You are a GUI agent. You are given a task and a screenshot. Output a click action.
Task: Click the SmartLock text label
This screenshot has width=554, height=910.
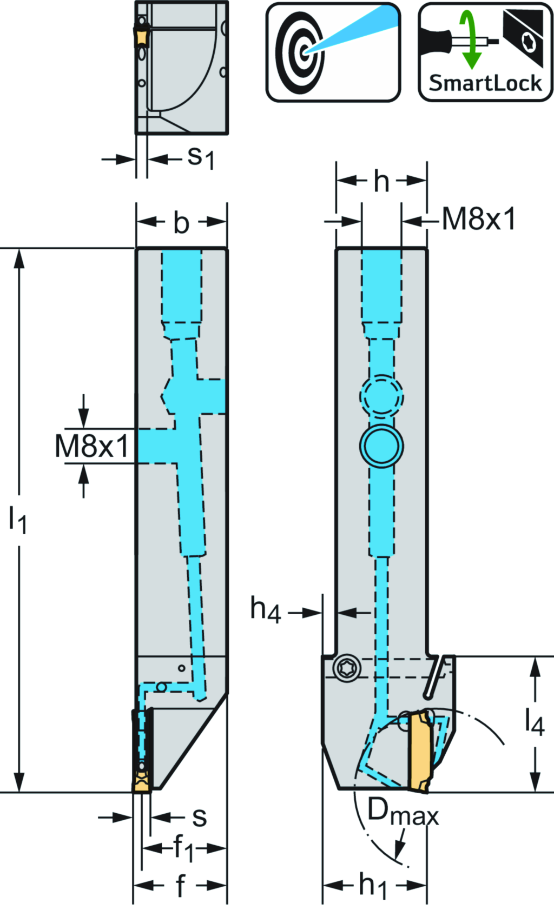tap(485, 83)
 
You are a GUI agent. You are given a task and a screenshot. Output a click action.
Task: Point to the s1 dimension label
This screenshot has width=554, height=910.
tap(201, 158)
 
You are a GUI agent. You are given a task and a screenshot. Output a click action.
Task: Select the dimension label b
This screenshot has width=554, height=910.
tap(181, 223)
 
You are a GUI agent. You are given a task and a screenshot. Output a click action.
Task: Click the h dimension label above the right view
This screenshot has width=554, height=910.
tap(381, 182)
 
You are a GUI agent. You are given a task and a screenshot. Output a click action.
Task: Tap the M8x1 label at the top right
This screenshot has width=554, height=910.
tap(479, 220)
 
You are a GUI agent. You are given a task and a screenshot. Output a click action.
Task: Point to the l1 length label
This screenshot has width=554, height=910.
tap(17, 520)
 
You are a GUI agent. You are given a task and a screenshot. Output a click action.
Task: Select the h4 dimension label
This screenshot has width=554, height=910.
tap(265, 610)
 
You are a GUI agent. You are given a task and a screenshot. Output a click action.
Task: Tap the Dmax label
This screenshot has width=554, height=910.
tap(403, 812)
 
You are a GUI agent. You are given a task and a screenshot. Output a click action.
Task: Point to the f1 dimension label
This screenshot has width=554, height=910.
tap(183, 848)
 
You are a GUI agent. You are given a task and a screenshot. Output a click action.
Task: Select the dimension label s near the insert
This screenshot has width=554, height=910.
tap(199, 816)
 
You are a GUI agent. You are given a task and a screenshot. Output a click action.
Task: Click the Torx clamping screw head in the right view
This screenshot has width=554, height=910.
tap(347, 668)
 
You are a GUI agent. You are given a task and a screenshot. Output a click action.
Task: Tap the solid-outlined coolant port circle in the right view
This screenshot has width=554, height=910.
tap(381, 446)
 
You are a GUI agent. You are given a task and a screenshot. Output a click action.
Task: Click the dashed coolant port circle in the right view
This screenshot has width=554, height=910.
tap(381, 396)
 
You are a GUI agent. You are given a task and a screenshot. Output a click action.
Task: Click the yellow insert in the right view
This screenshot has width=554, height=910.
tap(419, 752)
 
